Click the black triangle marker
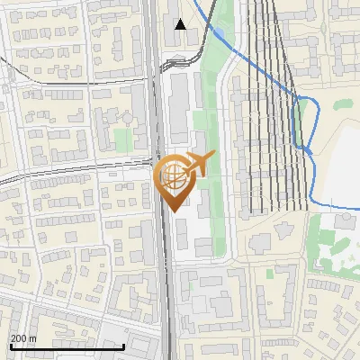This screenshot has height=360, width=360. tap(181, 24)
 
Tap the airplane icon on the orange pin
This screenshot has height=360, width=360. tap(197, 165)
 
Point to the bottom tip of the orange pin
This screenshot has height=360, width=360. tap(174, 212)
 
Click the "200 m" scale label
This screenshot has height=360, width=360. tap(22, 337)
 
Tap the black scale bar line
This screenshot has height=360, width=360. tap(67, 346)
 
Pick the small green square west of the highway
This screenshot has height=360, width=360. tap(122, 139)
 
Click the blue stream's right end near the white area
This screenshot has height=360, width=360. tap(346, 208)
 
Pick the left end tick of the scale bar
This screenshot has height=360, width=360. tap(10, 346)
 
